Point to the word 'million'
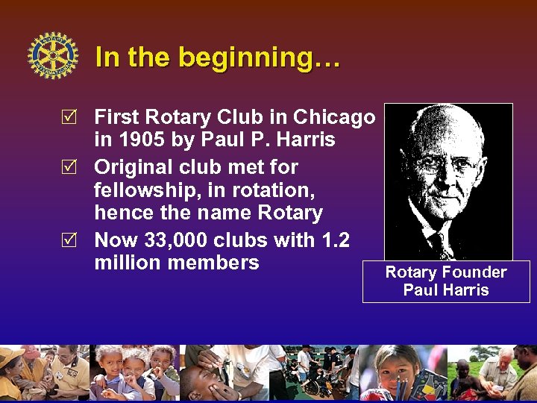[126, 263]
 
